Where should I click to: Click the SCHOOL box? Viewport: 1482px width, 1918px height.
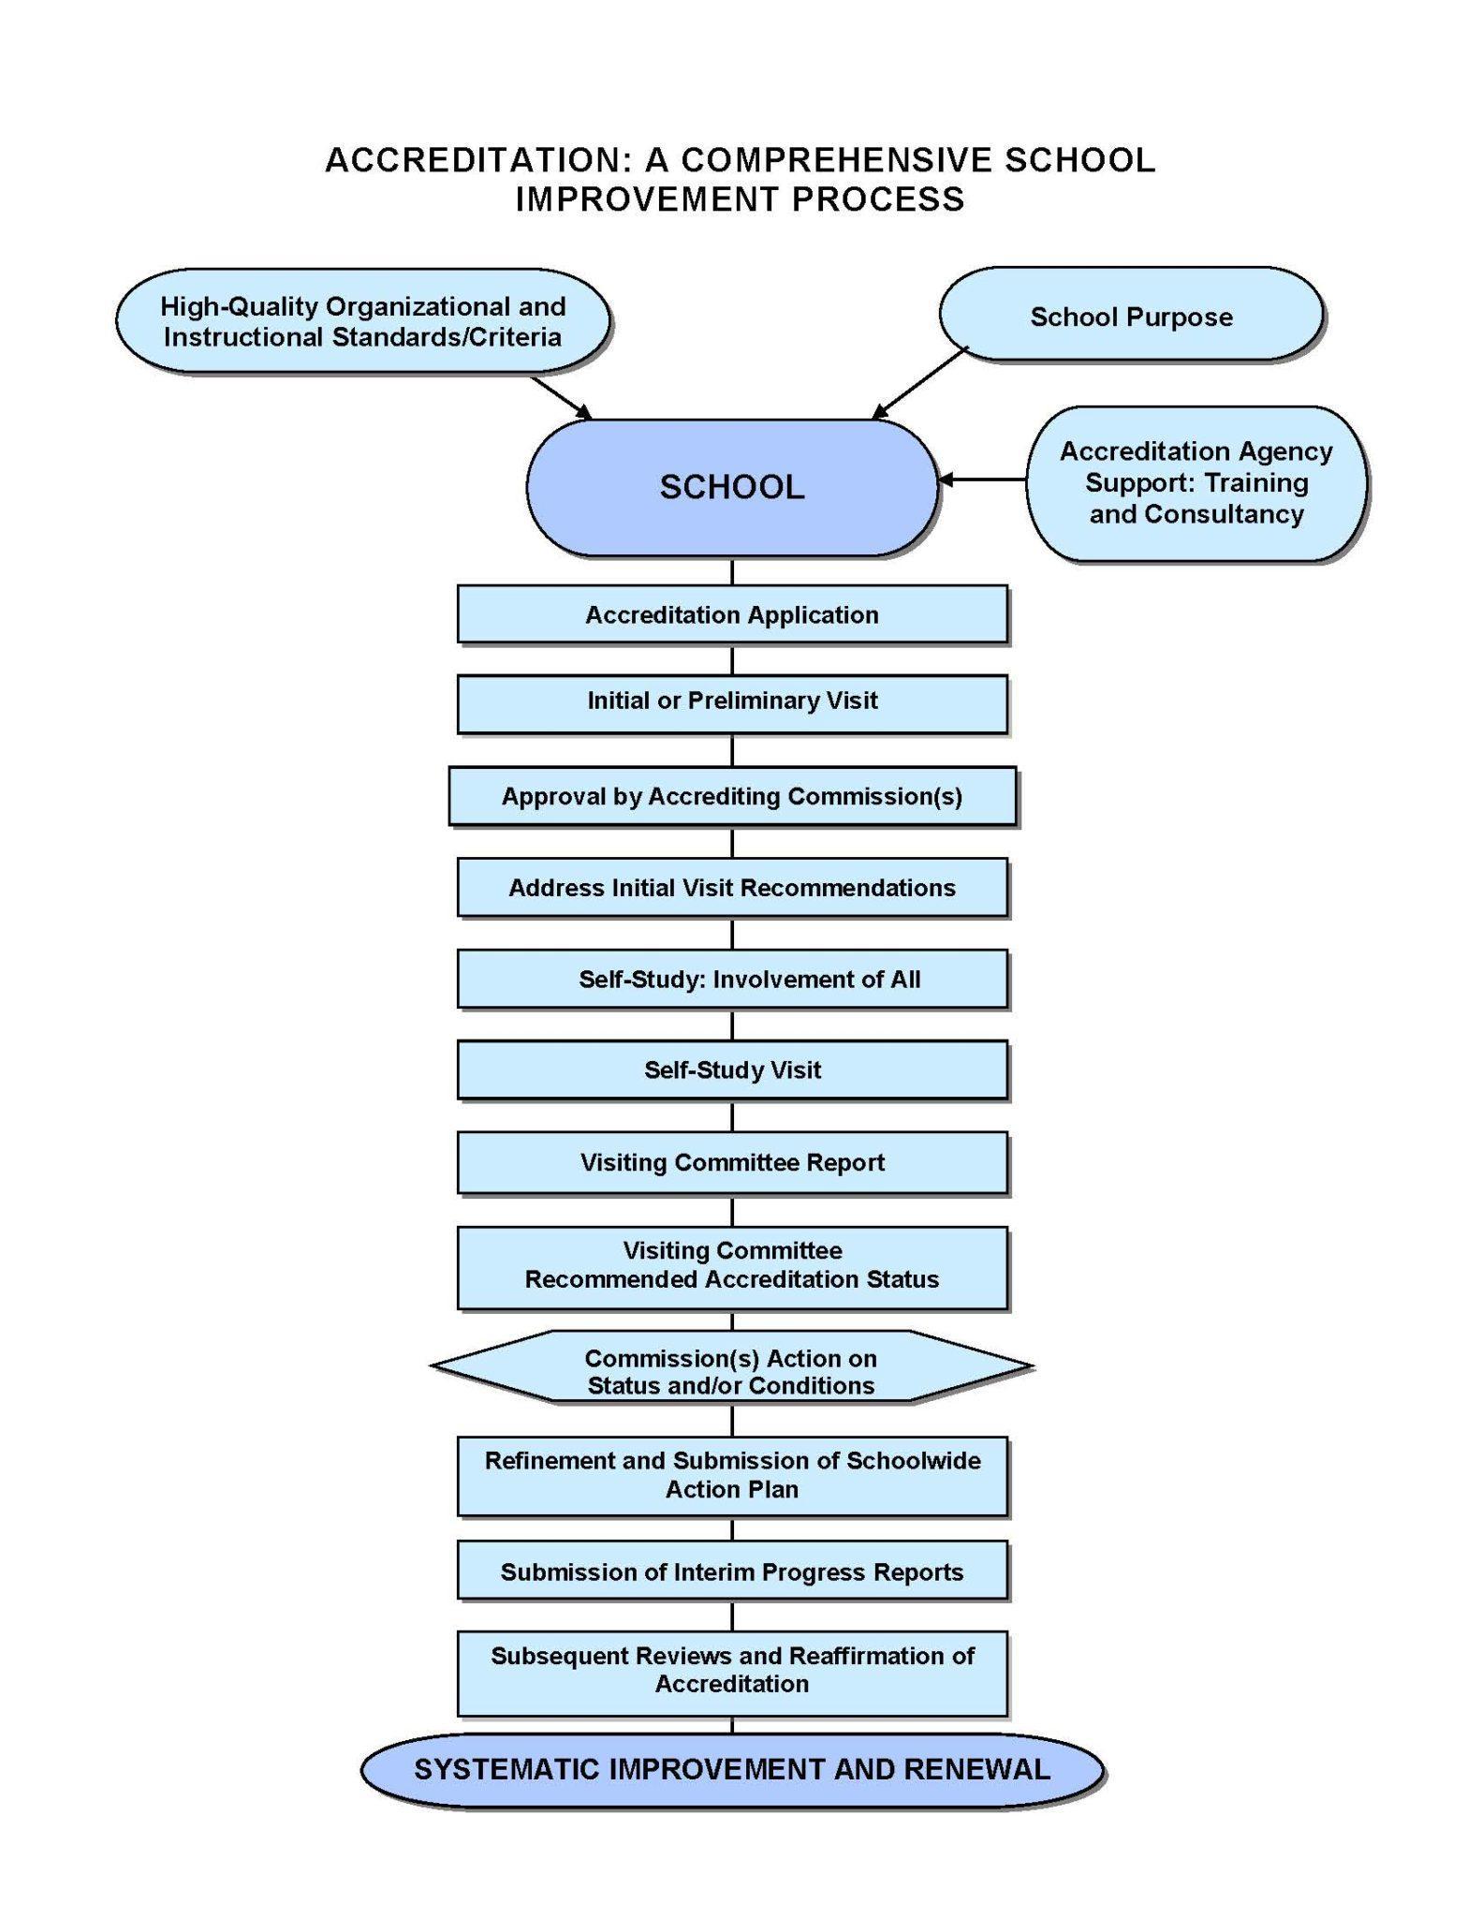click(x=731, y=487)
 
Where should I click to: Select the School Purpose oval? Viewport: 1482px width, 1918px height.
click(x=1130, y=317)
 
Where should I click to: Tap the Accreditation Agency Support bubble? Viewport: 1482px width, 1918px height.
click(x=1196, y=483)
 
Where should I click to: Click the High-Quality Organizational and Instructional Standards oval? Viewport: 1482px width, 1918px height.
click(x=362, y=321)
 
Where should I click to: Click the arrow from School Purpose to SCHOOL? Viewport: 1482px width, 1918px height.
click(x=919, y=383)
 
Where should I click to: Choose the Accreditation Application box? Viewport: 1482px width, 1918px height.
click(x=731, y=614)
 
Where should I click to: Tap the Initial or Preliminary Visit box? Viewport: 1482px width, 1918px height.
click(x=731, y=701)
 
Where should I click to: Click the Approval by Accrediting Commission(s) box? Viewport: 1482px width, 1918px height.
click(x=731, y=796)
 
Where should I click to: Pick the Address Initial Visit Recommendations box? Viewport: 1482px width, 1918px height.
click(x=731, y=888)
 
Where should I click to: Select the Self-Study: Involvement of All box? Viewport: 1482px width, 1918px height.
click(x=731, y=980)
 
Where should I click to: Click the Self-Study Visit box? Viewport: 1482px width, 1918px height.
click(x=731, y=1070)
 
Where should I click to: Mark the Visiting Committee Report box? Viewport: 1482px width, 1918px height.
click(x=731, y=1162)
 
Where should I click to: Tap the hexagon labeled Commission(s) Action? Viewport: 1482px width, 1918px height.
click(x=731, y=1371)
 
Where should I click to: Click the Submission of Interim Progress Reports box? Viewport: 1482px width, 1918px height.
click(x=731, y=1571)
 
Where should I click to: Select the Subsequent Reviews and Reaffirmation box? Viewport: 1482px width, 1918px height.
click(x=731, y=1670)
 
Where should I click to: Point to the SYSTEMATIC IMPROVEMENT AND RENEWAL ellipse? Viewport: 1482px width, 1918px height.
click(x=731, y=1769)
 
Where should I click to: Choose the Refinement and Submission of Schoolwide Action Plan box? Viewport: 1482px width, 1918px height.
click(x=731, y=1475)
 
